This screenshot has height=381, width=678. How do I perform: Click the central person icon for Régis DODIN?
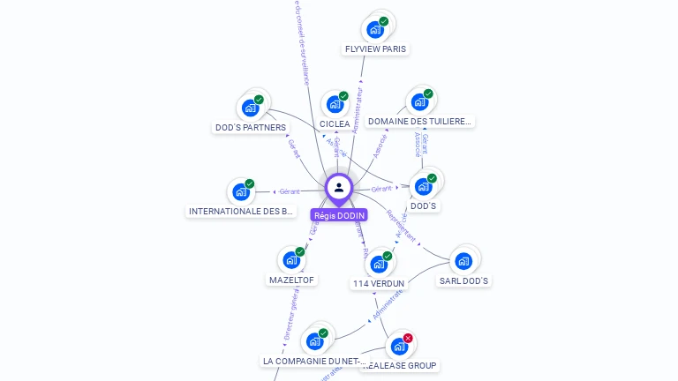[339, 187]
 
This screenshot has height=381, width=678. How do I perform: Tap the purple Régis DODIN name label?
[339, 215]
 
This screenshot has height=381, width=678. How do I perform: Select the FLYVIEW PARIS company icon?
[375, 29]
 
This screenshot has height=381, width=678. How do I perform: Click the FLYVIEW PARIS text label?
[376, 49]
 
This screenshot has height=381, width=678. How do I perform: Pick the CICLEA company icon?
[335, 104]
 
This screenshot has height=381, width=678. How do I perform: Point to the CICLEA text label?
[335, 124]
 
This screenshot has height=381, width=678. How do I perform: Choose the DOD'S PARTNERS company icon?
[251, 108]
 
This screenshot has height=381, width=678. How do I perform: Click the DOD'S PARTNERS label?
[251, 128]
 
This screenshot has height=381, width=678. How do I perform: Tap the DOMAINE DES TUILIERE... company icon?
[419, 101]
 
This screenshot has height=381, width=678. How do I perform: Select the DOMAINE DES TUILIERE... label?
[420, 121]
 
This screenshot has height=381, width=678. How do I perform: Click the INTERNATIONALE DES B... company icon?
[241, 191]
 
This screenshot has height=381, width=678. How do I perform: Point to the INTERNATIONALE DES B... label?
[241, 212]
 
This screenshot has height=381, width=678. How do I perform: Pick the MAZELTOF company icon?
[291, 260]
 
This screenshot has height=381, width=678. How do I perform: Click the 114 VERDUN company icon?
[379, 264]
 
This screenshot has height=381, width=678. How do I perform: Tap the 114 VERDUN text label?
[379, 284]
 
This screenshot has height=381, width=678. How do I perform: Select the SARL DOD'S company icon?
[463, 261]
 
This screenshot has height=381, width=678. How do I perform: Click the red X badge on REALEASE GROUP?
[408, 339]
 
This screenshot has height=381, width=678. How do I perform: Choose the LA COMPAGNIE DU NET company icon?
[314, 341]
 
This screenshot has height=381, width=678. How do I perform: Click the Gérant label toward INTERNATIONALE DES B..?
[290, 191]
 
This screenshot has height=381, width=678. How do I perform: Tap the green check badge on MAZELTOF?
[300, 252]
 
